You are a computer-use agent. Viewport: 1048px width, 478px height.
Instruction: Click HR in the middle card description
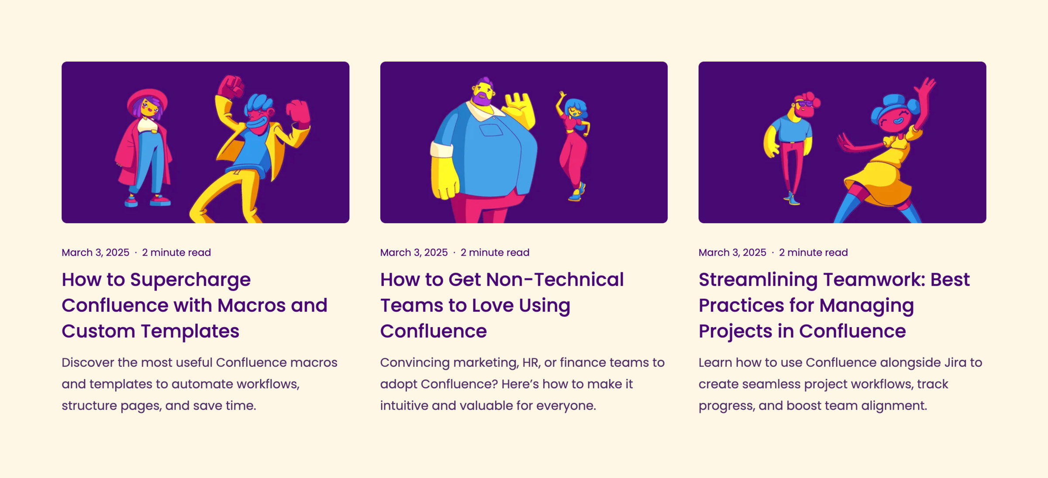click(531, 363)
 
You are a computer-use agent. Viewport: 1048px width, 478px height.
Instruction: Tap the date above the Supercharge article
click(96, 253)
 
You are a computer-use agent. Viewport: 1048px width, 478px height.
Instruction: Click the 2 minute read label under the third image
click(814, 253)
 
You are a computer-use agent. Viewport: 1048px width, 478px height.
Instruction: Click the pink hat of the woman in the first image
click(147, 100)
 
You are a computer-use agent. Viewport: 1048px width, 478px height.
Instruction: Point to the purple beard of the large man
click(482, 99)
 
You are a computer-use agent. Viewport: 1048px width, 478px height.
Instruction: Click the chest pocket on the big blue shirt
click(491, 130)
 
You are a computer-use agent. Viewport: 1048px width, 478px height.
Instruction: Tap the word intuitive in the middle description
click(404, 406)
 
